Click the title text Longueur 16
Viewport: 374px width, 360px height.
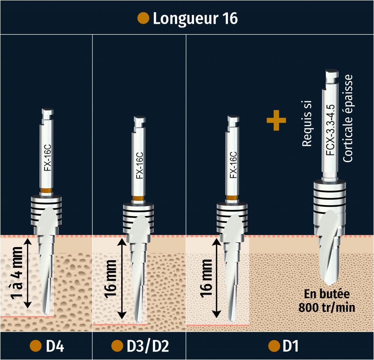(195, 19)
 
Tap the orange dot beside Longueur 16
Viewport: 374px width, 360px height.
(143, 18)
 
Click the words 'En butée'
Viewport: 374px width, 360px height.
(327, 295)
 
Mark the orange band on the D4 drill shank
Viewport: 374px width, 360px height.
(46, 190)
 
